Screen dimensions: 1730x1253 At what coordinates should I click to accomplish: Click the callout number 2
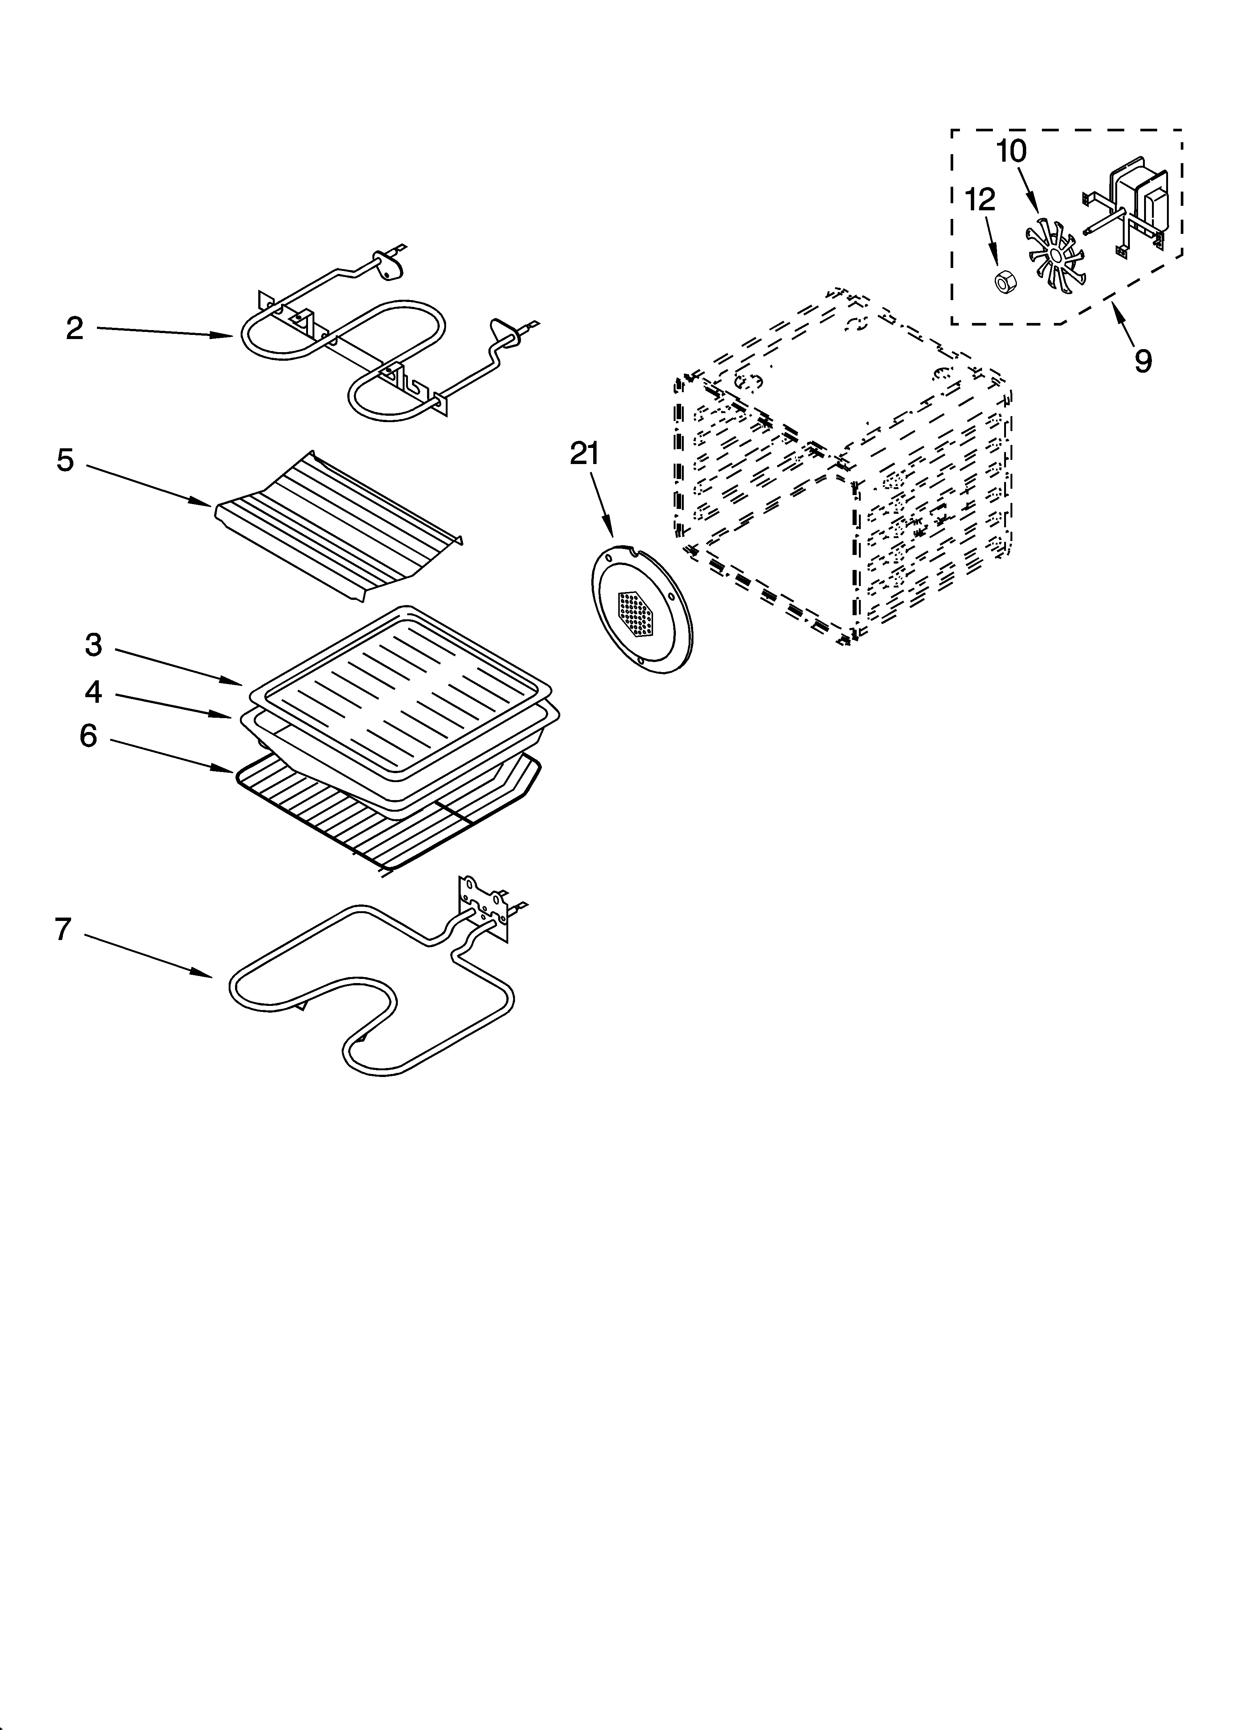tap(74, 329)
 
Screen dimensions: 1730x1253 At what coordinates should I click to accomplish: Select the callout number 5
tap(65, 461)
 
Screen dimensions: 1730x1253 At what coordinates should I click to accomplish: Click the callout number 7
tap(63, 929)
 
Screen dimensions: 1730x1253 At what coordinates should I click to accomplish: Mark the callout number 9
tap(1142, 360)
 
